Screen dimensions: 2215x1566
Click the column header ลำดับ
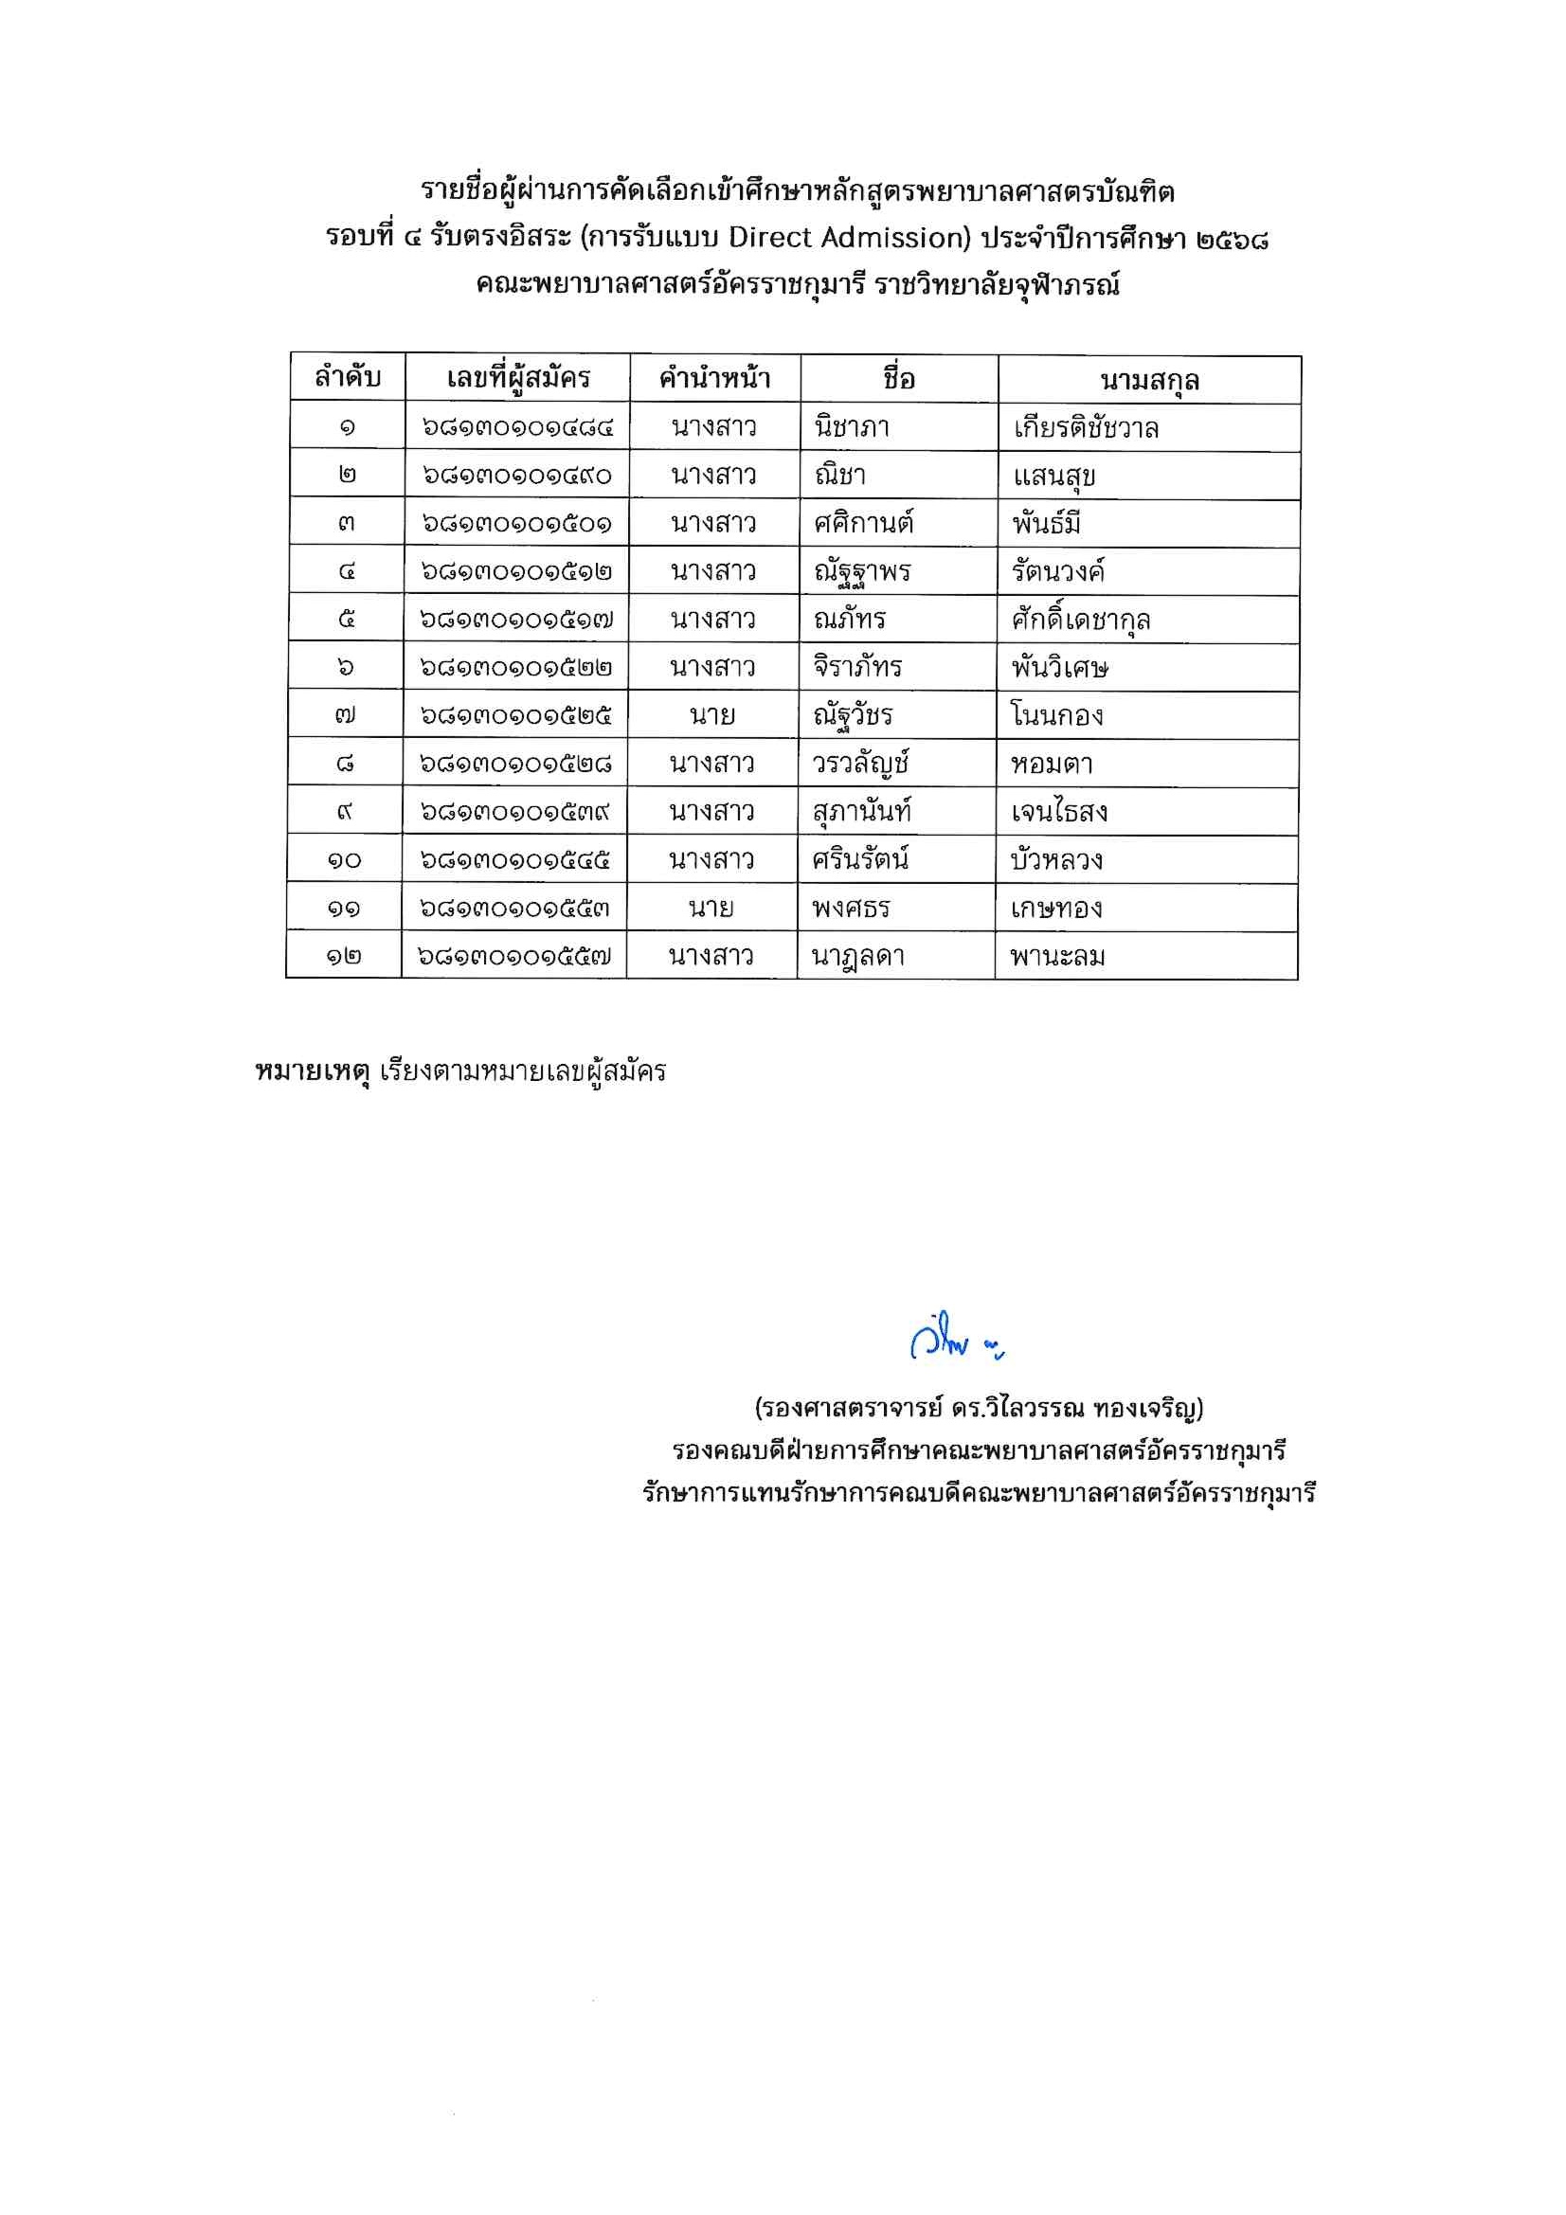[x=348, y=377]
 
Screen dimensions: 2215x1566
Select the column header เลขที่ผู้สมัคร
[x=517, y=378]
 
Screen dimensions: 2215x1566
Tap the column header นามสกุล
[x=1148, y=381]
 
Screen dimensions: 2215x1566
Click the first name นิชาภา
[x=851, y=426]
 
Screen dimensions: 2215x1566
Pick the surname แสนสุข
[x=1053, y=476]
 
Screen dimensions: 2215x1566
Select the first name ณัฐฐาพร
[x=862, y=572]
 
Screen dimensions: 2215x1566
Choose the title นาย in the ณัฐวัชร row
[x=712, y=716]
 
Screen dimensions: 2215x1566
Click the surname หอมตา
[x=1052, y=764]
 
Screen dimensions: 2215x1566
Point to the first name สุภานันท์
[x=862, y=812]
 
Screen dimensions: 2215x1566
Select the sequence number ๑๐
[x=345, y=859]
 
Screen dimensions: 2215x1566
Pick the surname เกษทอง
[x=1055, y=908]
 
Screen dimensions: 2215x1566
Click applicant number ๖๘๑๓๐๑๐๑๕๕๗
[x=514, y=956]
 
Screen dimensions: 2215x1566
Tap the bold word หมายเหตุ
[x=313, y=1071]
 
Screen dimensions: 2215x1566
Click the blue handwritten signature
[x=955, y=1338]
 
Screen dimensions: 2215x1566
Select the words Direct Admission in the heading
[x=849, y=237]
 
